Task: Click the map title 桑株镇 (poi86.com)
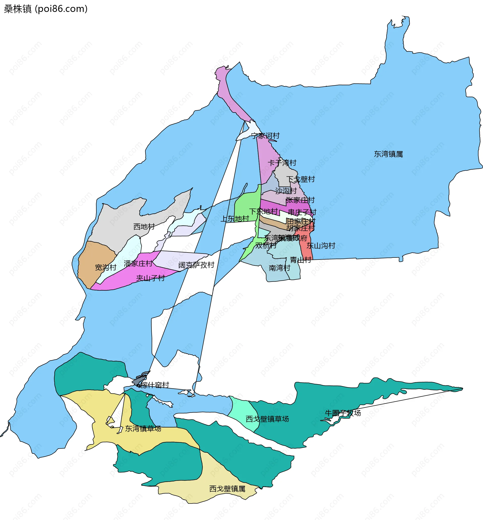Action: pyautogui.click(x=46, y=9)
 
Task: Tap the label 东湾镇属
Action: pyautogui.click(x=388, y=154)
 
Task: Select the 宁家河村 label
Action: pyautogui.click(x=265, y=136)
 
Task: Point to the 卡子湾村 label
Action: pyautogui.click(x=282, y=163)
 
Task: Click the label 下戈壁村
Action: pyautogui.click(x=301, y=179)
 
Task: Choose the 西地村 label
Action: pyautogui.click(x=144, y=226)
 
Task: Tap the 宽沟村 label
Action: pyautogui.click(x=106, y=267)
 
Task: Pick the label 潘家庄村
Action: pyautogui.click(x=138, y=264)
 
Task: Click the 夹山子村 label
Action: pyautogui.click(x=150, y=278)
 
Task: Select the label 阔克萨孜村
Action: pyautogui.click(x=196, y=265)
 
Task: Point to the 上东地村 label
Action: pyautogui.click(x=235, y=219)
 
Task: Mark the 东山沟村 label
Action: pyautogui.click(x=321, y=245)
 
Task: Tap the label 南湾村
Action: pyautogui.click(x=280, y=268)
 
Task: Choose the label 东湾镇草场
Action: pyautogui.click(x=143, y=429)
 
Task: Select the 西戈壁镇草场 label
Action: pyautogui.click(x=267, y=419)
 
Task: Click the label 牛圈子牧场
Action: pyautogui.click(x=343, y=413)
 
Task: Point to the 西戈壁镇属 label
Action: pyautogui.click(x=227, y=489)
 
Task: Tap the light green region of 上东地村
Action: pyautogui.click(x=247, y=206)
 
